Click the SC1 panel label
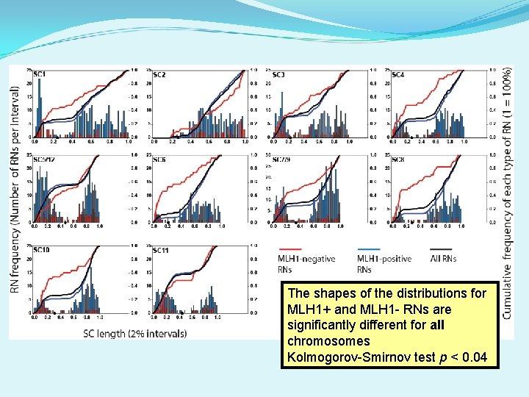pos(40,75)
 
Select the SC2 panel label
pos(159,75)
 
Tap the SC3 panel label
pos(278,75)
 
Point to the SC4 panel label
pos(397,75)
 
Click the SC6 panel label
pos(159,160)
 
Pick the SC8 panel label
pos(397,160)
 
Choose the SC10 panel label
pos(41,251)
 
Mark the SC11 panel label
pos(161,251)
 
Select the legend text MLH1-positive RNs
pos(384,264)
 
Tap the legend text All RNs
pos(443,259)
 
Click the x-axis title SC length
pos(134,334)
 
